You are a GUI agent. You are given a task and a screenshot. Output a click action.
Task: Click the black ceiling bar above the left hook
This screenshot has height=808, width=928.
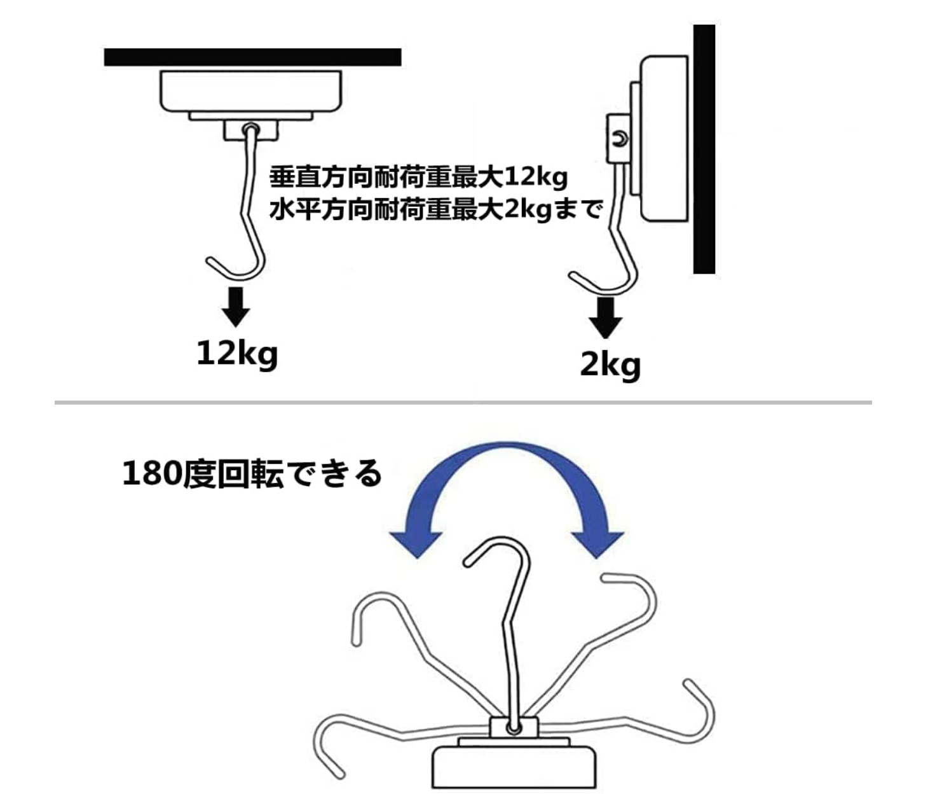click(252, 57)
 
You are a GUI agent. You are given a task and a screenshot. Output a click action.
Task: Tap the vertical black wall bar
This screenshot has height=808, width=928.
click(704, 149)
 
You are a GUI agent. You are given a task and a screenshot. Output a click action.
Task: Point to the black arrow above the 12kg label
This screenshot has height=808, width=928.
click(236, 307)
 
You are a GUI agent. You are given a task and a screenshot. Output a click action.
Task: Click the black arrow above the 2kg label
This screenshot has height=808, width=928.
click(606, 317)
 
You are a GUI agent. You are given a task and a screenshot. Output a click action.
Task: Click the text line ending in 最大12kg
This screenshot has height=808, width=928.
click(418, 178)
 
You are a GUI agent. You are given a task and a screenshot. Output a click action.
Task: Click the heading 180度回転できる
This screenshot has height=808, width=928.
click(252, 473)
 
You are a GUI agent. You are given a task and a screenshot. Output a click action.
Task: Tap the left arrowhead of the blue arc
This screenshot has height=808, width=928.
click(416, 543)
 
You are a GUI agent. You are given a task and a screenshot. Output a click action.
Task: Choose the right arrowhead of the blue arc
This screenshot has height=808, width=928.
click(597, 543)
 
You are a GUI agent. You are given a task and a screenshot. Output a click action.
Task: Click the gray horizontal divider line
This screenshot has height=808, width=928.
click(463, 403)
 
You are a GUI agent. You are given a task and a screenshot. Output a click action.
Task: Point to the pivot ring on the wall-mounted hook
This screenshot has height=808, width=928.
click(619, 139)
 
